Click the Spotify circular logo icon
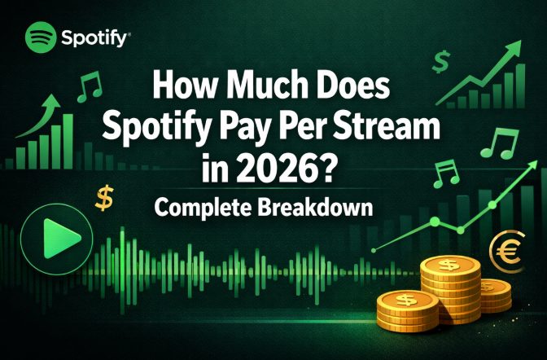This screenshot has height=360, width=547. (x=41, y=36)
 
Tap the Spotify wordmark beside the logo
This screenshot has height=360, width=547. (x=93, y=37)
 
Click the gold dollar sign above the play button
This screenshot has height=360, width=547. (x=104, y=196)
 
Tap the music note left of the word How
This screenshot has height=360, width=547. (x=90, y=85)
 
